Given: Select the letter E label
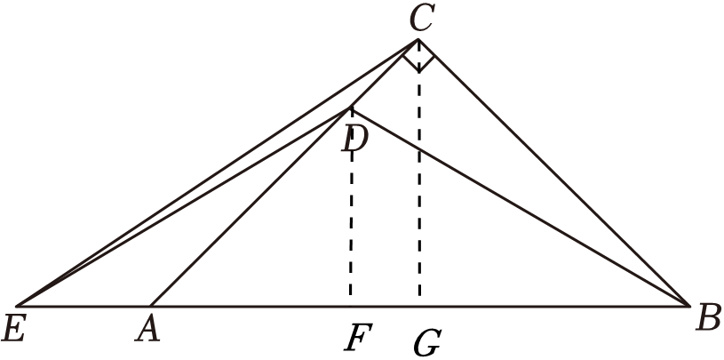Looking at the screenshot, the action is click(14, 329).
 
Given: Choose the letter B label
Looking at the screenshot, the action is click(708, 317).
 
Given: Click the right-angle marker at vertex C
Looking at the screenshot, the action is click(418, 60).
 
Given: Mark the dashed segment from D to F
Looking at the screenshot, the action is click(352, 213).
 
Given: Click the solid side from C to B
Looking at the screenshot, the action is click(555, 173).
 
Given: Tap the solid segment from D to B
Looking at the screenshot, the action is click(524, 209).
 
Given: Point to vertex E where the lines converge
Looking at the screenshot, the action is click(18, 305).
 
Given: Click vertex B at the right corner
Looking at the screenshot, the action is click(690, 305).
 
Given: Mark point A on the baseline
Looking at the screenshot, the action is click(152, 305).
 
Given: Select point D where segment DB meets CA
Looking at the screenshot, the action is click(352, 109).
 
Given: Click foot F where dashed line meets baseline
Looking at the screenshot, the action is click(352, 305).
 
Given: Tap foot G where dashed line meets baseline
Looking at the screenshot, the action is click(419, 305).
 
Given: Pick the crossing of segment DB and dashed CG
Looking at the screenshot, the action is click(419, 148).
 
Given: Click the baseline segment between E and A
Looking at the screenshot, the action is click(84, 305).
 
